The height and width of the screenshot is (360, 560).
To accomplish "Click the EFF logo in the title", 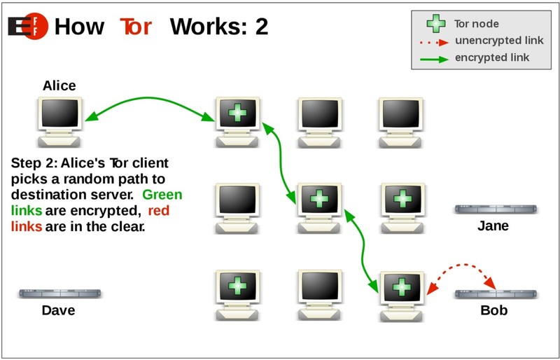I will click(x=27, y=26).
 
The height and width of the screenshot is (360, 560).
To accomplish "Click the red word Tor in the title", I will click(x=136, y=26).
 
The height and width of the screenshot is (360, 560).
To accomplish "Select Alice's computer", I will click(x=59, y=116).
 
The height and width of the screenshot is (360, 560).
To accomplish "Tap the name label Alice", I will click(x=59, y=86).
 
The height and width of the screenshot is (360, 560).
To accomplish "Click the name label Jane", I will click(x=493, y=226).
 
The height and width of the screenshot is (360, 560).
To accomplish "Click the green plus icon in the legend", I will click(x=435, y=24).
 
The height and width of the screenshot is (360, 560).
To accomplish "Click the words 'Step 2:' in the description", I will click(x=34, y=164).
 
